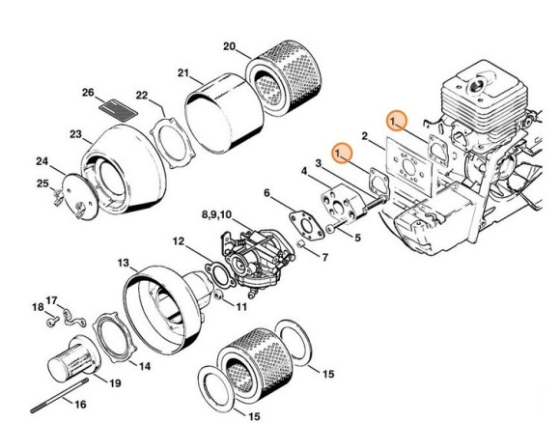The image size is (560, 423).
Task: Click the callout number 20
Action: [x=228, y=45]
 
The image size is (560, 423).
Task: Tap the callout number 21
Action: [x=182, y=72]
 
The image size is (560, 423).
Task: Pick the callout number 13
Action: [x=123, y=263]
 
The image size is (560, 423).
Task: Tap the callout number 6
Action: [x=266, y=192]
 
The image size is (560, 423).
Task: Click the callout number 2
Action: [x=364, y=135]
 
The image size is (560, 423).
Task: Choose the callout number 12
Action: [x=179, y=240]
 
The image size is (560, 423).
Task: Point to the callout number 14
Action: [x=144, y=366]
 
